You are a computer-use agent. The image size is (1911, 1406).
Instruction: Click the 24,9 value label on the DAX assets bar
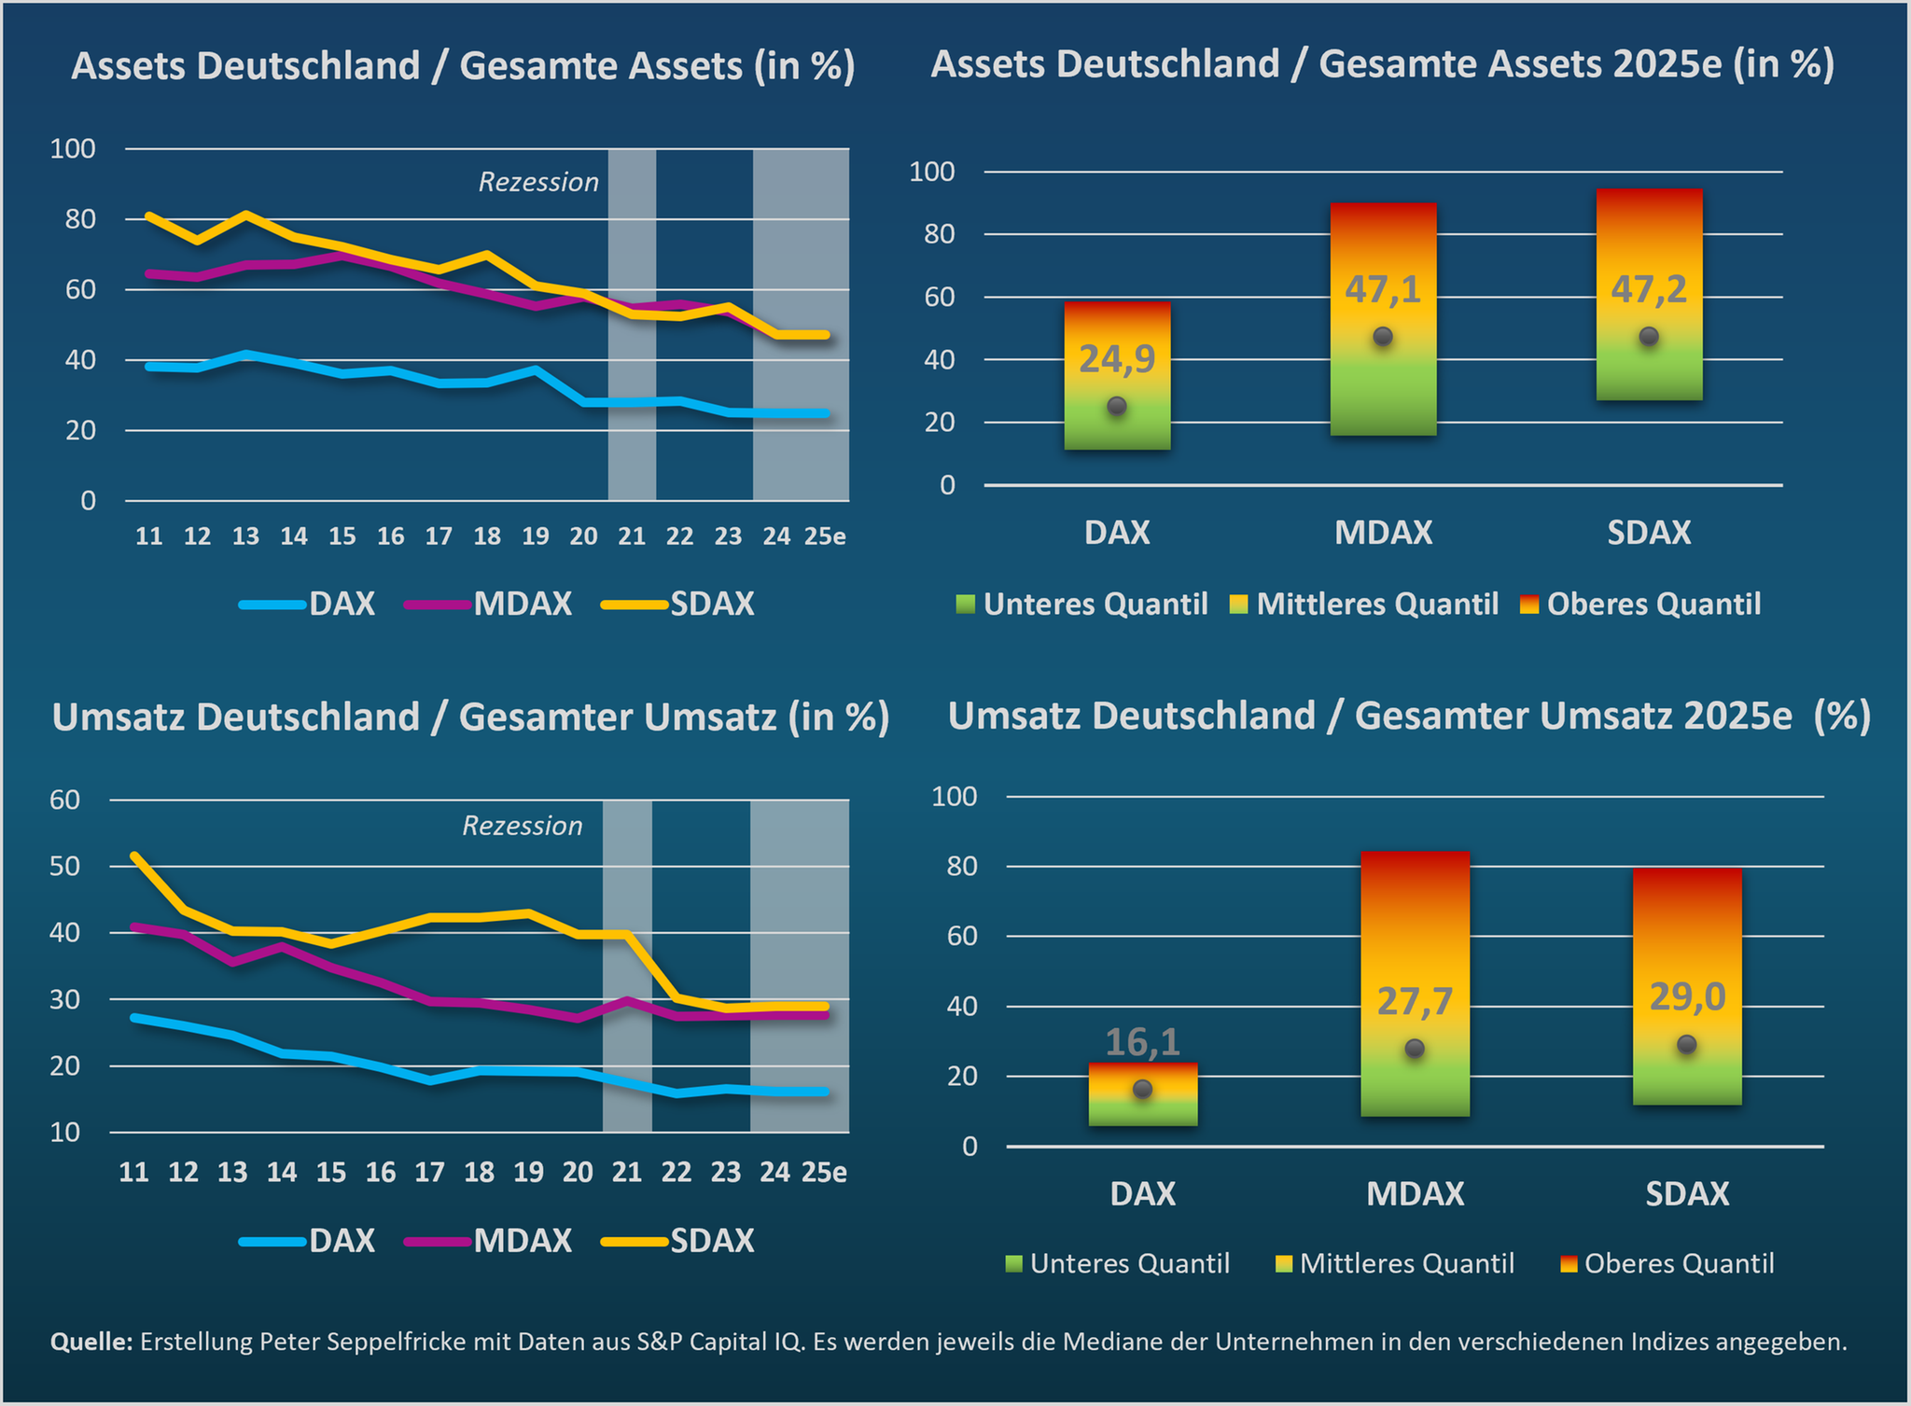pyautogui.click(x=1117, y=359)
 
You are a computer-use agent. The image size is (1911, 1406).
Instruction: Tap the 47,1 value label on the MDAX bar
pyautogui.click(x=1383, y=290)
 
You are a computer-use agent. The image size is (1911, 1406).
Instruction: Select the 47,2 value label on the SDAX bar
pyautogui.click(x=1649, y=290)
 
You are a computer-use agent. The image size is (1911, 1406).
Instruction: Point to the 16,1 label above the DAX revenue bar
pyautogui.click(x=1142, y=1042)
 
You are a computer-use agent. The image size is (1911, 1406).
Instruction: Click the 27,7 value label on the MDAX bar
pyautogui.click(x=1415, y=1002)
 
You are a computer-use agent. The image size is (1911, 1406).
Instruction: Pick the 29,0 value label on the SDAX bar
pyautogui.click(x=1687, y=997)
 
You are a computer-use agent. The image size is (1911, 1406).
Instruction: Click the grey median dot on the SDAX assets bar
pyautogui.click(x=1649, y=336)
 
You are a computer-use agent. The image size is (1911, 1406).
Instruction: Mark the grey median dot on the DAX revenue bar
pyautogui.click(x=1142, y=1089)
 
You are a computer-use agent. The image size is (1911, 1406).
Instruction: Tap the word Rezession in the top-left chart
pyautogui.click(x=538, y=182)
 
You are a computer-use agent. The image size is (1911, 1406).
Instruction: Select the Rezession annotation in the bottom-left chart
pyautogui.click(x=523, y=826)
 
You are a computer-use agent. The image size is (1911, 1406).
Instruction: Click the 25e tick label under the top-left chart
pyautogui.click(x=825, y=536)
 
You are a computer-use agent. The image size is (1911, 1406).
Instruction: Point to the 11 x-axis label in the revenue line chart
pyautogui.click(x=133, y=1173)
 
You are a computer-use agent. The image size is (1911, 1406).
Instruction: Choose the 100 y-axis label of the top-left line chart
pyautogui.click(x=73, y=148)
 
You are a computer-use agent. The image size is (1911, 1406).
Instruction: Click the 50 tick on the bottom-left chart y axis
pyautogui.click(x=64, y=866)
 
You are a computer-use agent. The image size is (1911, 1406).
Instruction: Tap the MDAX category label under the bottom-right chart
pyautogui.click(x=1415, y=1194)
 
